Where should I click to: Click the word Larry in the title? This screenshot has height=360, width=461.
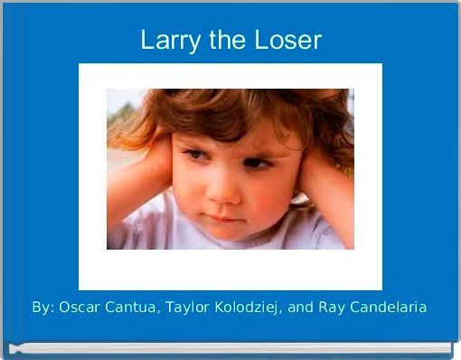[167, 42]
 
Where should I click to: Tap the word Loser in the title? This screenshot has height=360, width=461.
[287, 41]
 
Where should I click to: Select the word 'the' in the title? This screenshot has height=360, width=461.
[222, 41]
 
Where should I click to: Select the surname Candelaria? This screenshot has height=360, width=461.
[390, 308]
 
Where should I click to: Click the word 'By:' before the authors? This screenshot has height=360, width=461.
[42, 308]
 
